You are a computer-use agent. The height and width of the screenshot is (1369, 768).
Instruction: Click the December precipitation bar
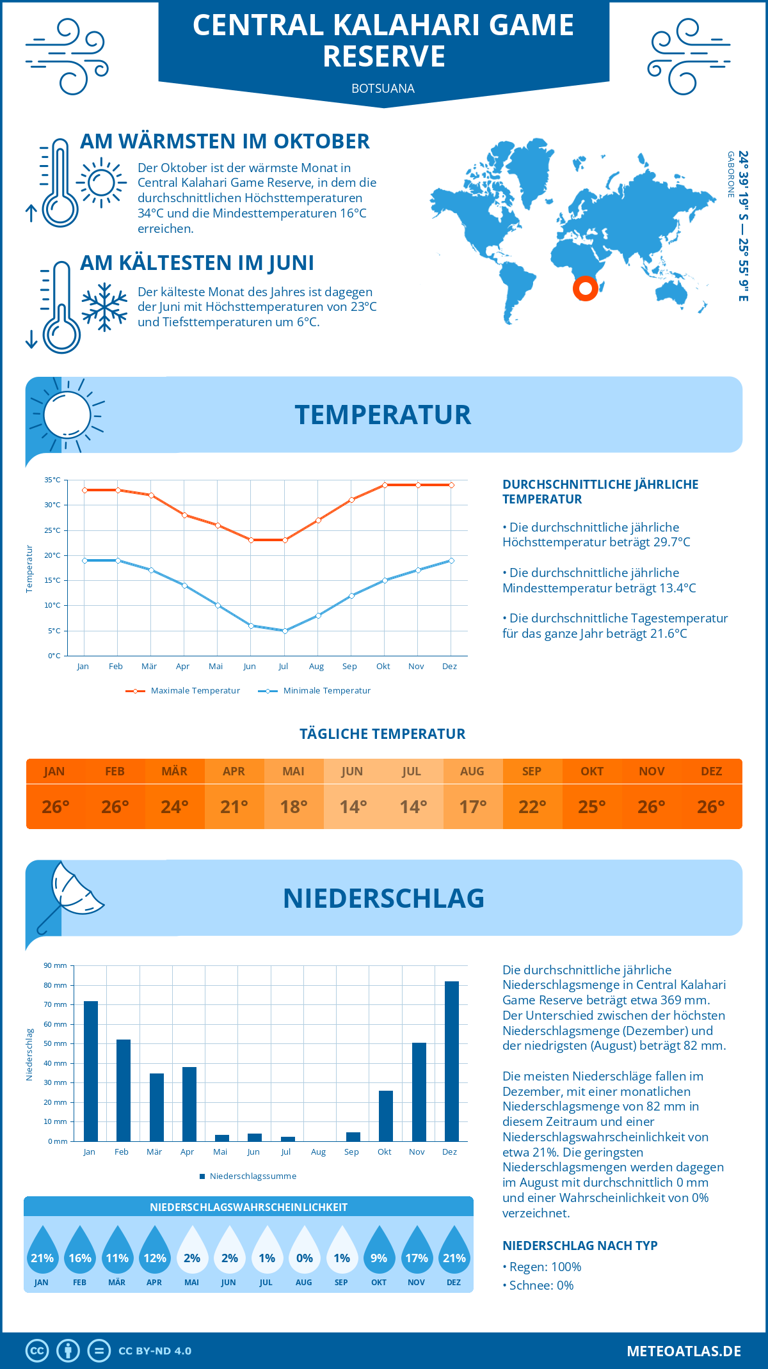tap(452, 1061)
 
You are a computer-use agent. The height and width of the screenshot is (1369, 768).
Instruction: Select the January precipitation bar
tap(91, 1072)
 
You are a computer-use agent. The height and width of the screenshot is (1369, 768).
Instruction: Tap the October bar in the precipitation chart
tap(386, 1116)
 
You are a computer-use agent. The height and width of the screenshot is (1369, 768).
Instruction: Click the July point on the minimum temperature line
tap(285, 631)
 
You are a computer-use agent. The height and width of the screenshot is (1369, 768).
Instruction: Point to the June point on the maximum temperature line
tap(251, 540)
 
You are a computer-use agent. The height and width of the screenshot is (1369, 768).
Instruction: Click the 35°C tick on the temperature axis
tap(52, 480)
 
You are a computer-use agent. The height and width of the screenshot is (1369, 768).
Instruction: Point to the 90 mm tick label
tap(55, 965)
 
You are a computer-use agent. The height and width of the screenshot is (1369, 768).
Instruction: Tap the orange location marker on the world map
tap(585, 288)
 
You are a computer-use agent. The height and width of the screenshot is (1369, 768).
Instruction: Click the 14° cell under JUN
tap(353, 807)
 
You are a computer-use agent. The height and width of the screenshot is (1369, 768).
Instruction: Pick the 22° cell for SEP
tap(532, 807)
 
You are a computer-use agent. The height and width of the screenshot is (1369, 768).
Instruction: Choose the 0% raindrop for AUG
tap(305, 1253)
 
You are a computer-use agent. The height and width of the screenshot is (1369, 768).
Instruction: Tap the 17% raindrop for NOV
tap(417, 1253)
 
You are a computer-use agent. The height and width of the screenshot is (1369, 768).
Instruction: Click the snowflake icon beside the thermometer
tap(104, 307)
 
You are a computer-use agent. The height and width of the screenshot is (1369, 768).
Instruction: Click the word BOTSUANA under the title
tap(383, 88)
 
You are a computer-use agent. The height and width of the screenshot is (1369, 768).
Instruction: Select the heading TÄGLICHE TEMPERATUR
tap(383, 734)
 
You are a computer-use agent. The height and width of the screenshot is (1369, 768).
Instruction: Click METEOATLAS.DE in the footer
tap(684, 1351)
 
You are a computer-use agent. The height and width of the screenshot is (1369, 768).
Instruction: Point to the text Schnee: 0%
tap(541, 1285)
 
